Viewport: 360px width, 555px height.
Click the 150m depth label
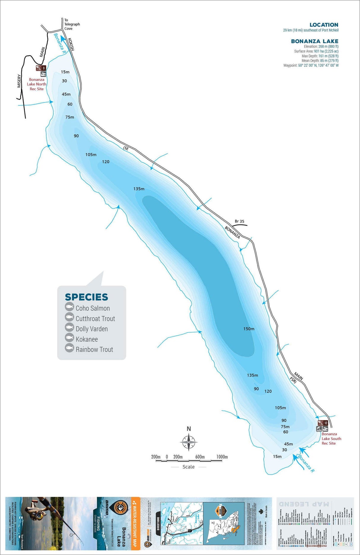coord(249,329)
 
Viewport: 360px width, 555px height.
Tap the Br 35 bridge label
coord(239,221)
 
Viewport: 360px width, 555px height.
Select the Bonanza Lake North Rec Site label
coord(36,84)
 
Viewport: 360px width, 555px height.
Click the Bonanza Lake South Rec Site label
coord(331,438)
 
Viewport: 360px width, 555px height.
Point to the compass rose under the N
coord(189,442)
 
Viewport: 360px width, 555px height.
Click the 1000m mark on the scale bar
coord(222,457)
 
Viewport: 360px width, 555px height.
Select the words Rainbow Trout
coord(94,349)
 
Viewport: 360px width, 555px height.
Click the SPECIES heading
coord(86,297)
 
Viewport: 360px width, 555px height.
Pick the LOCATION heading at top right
coord(324,25)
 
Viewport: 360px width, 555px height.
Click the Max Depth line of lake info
coord(320,56)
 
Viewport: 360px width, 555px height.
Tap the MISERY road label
coord(19,81)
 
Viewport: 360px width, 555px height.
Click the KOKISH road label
coord(71,44)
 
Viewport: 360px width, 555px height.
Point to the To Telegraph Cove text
coord(72,24)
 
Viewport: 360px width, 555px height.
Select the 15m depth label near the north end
coord(65,72)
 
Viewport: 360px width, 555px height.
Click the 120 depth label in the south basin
coord(268,391)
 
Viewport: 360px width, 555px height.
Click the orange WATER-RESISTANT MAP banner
coord(136,523)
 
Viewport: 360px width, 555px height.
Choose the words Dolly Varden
coord(92,329)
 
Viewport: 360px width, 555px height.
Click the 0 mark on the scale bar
coord(167,457)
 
